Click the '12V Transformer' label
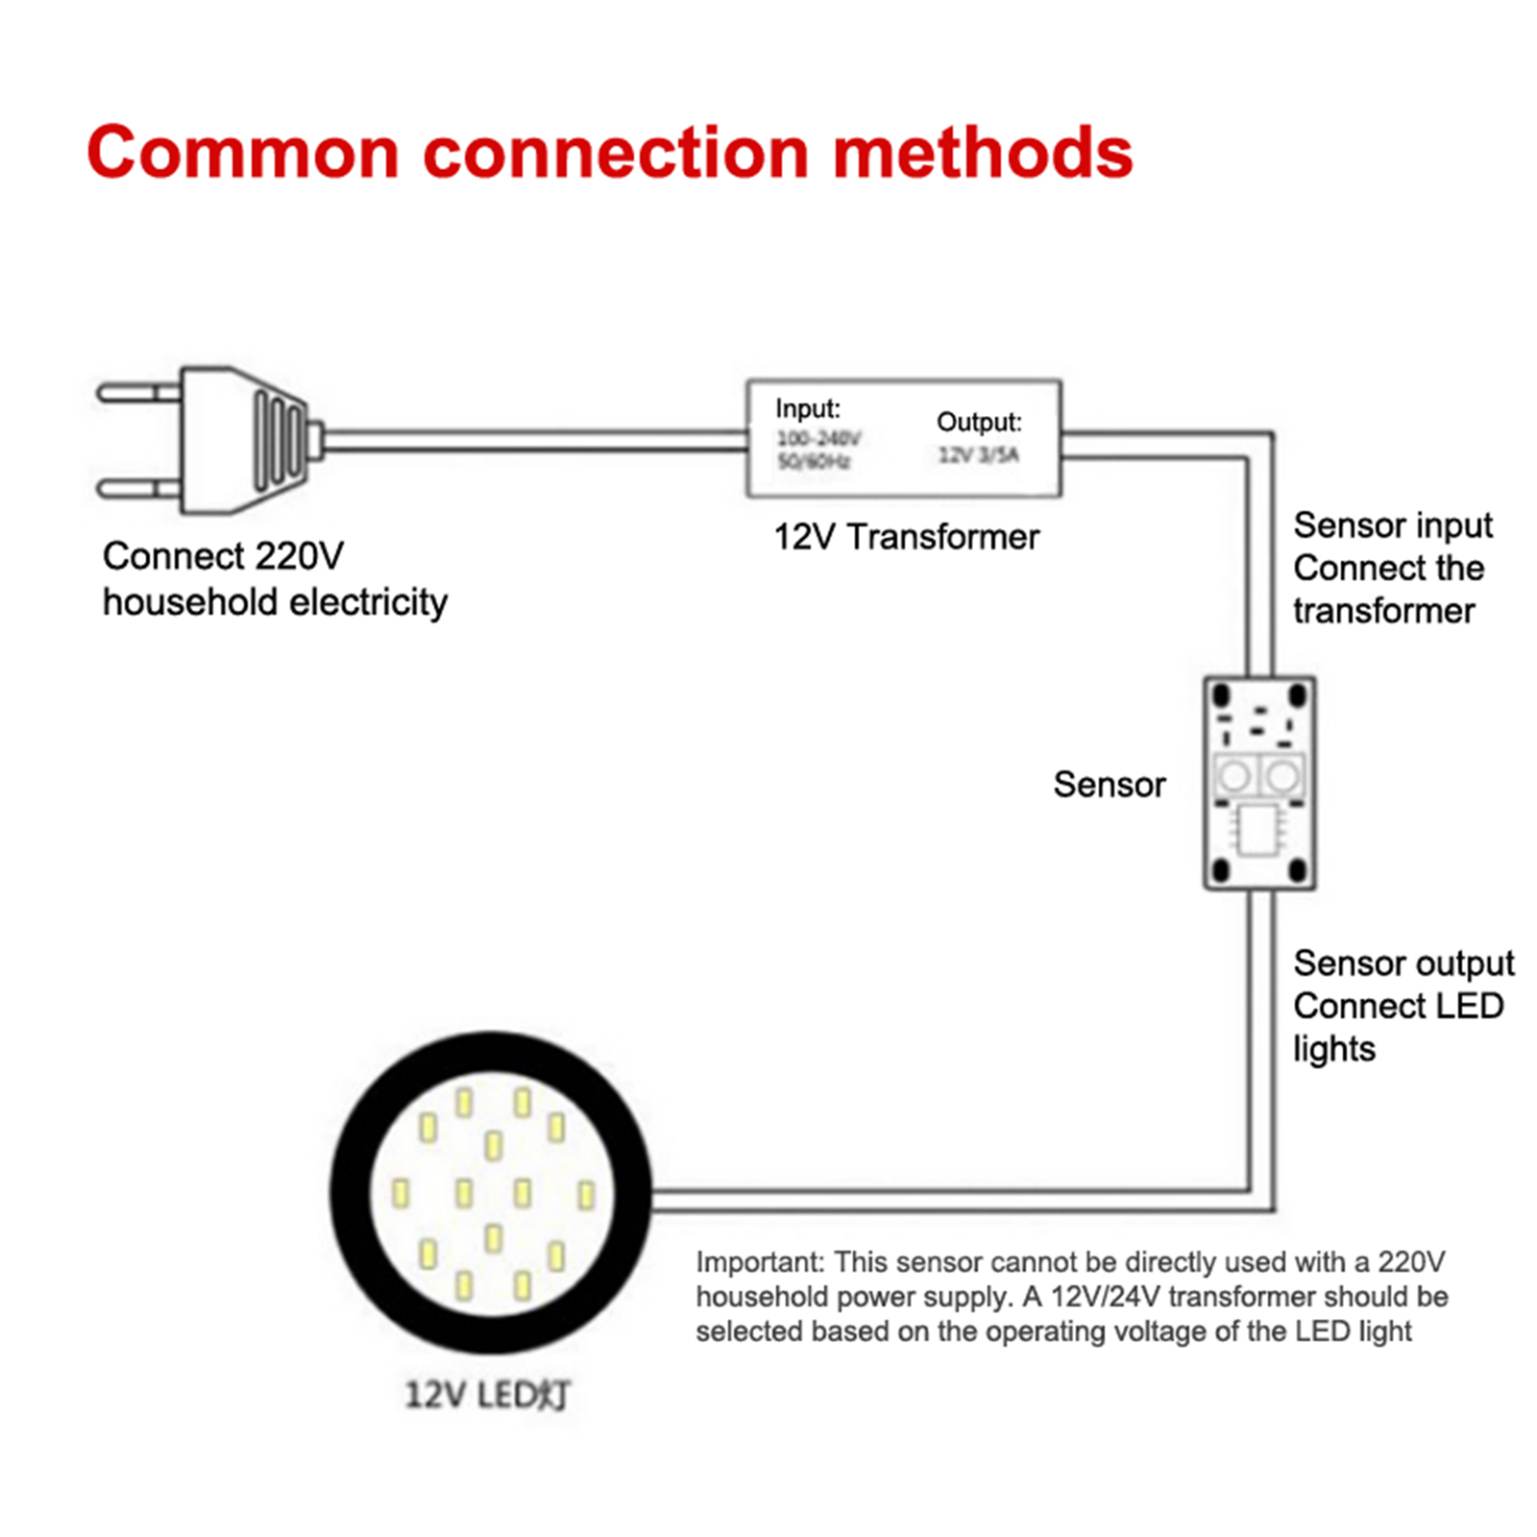click(906, 537)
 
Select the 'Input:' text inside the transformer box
click(807, 409)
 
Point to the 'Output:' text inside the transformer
click(978, 423)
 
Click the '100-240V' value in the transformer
click(818, 439)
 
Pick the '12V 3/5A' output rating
click(978, 455)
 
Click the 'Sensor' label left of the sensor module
click(1109, 785)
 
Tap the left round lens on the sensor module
click(1234, 775)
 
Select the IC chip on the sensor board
click(1258, 829)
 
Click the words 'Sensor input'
click(1392, 525)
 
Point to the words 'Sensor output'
click(1403, 963)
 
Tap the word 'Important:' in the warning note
click(760, 1262)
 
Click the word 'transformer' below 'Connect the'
click(1383, 611)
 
